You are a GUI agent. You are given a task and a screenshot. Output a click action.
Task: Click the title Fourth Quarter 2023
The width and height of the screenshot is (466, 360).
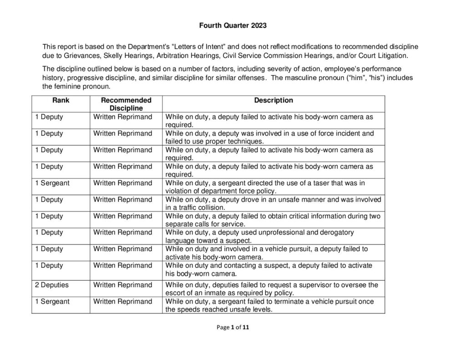(233, 25)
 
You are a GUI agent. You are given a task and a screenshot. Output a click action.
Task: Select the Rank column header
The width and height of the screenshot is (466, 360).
(61, 100)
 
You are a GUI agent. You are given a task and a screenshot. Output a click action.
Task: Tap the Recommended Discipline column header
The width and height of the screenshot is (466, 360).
(126, 104)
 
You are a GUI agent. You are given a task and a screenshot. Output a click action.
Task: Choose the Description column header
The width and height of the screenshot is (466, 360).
(274, 100)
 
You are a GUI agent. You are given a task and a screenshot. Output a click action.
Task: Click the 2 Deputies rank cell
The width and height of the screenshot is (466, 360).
(52, 285)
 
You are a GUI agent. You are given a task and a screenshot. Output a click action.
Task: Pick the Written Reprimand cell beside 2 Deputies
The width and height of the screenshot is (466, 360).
(123, 285)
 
